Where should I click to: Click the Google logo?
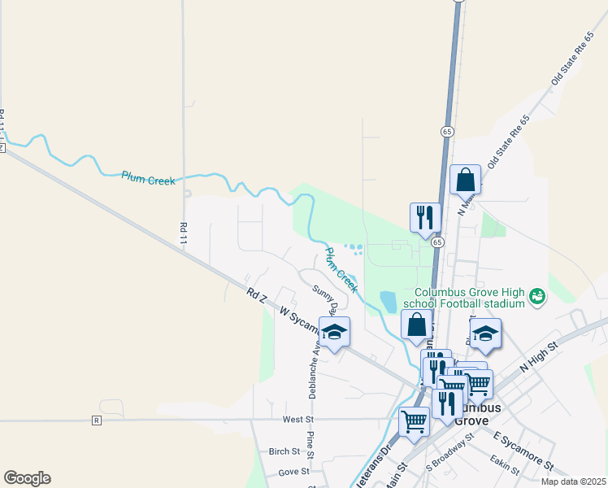pos(27,478)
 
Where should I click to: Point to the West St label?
pos(297,420)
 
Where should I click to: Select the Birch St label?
pos(284,451)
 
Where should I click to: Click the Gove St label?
pos(293,471)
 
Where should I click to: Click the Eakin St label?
pos(506,464)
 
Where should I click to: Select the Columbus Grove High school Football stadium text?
pos(471,298)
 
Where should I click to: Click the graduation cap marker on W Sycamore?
pos(333,332)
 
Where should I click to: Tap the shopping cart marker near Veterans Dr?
pos(415,421)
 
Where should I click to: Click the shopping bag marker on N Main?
pos(465,180)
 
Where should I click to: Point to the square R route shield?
pos(97,420)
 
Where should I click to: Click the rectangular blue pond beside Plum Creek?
pos(388,301)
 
